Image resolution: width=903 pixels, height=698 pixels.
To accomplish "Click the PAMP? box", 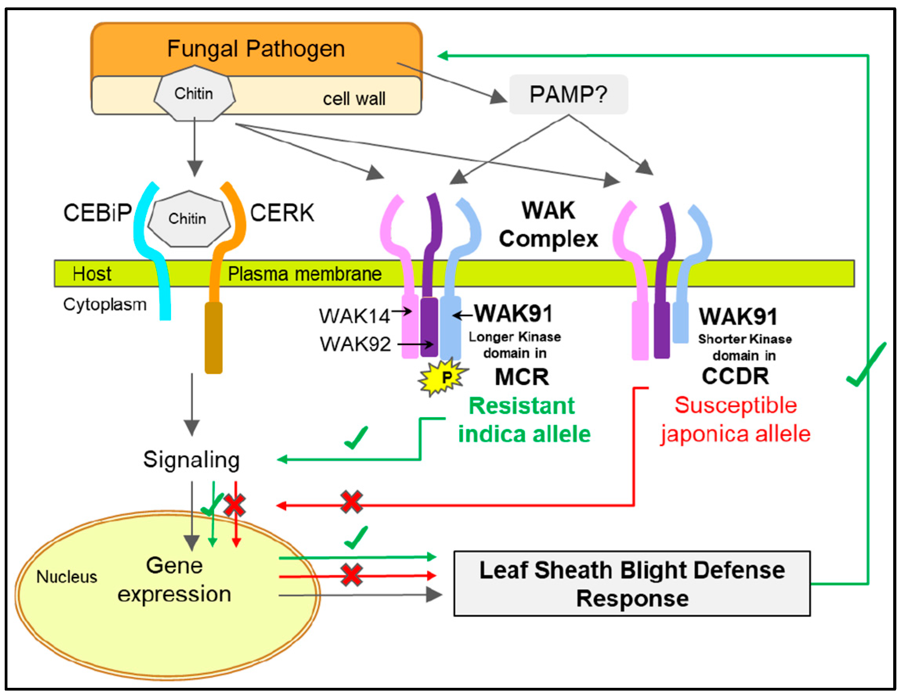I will pos(568,94).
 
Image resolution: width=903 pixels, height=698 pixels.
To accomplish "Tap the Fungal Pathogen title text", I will pos(256,49).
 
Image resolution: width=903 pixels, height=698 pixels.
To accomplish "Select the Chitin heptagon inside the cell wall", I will pos(194,94).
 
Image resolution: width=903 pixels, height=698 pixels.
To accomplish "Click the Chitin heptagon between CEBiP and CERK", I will pos(189,219).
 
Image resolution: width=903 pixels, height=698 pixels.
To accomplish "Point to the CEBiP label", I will pos(97,213).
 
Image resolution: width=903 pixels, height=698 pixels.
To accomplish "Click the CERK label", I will pos(282,213).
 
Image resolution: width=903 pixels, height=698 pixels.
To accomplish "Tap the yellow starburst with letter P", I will pos(443,377).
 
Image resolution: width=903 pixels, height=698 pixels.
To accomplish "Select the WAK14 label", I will pos(354,316).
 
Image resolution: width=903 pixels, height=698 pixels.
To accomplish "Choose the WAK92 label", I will pos(355,344).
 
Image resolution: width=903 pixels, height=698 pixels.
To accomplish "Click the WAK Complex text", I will pos(548,225).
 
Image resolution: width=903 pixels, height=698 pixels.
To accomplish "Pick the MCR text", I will pos(522,377).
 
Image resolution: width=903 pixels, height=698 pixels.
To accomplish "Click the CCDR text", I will pos(735,376).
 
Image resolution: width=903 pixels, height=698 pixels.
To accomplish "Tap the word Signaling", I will pos(191,460).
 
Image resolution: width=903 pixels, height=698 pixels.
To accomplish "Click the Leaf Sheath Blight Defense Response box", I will pos(632,583).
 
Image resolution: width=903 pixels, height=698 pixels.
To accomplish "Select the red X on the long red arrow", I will pos(351,502).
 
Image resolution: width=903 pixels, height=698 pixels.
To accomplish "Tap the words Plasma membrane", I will pos(305,273).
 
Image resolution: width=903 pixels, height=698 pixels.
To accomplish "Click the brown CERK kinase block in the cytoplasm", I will pos(214,338).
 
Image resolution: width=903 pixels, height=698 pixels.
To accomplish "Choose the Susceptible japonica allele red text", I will pos(735,419).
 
